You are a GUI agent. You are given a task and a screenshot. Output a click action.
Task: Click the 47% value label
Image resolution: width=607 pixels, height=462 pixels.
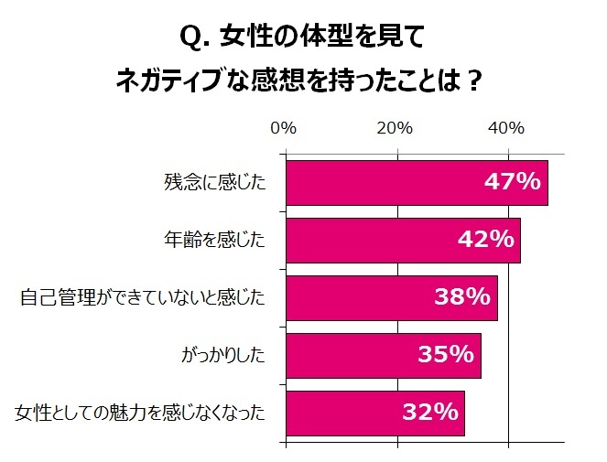(512, 183)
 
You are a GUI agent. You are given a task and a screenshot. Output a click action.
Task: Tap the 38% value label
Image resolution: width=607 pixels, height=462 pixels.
(461, 298)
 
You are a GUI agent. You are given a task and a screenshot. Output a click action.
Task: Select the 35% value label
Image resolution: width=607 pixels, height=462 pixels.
(445, 356)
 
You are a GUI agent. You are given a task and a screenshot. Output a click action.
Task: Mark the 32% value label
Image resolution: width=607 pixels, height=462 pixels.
(429, 414)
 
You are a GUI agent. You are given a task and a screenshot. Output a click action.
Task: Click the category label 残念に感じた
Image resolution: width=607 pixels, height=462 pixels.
(221, 183)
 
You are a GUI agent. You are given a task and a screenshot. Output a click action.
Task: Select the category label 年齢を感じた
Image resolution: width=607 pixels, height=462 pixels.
(221, 241)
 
